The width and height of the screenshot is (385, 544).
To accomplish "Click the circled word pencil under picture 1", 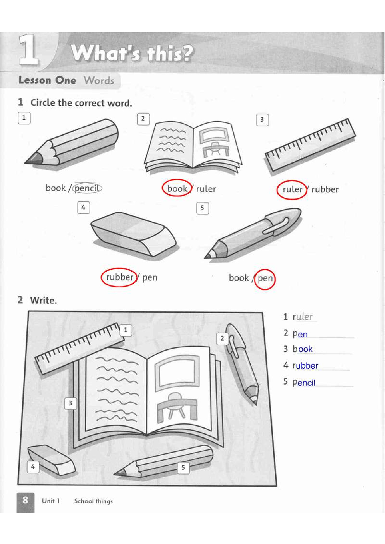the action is pos(87,188).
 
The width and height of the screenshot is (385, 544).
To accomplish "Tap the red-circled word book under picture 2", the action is pos(177,188).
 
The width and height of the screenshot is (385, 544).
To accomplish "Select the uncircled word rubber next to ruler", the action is pos(325,190).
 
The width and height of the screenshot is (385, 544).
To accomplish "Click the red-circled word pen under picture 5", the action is pos(265,278).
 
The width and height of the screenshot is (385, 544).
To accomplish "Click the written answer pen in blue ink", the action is pos(300,334).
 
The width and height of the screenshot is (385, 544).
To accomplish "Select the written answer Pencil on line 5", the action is pos(304,383).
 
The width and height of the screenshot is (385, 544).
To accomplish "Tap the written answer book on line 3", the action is pos(302,349).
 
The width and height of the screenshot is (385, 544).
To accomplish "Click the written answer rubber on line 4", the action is pos(305,366).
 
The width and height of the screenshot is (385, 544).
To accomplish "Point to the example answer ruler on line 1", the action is pos(303,317).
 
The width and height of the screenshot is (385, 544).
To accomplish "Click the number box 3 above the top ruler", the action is pos(262,120).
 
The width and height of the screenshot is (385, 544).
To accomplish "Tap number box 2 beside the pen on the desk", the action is pos(222,338).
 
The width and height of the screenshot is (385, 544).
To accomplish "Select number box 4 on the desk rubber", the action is pos(33,466).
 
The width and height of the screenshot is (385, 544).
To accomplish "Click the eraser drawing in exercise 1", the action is pos(134,234).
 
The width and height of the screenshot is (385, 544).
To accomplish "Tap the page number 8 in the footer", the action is pos(25,500).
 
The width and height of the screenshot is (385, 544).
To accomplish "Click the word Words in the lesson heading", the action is pos(99,80).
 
